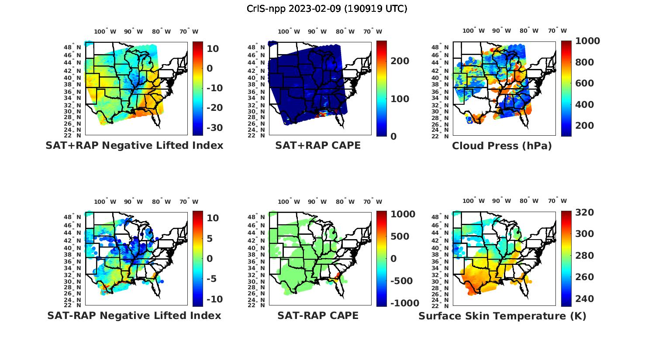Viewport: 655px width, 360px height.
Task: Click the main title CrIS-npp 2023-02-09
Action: [x=327, y=9]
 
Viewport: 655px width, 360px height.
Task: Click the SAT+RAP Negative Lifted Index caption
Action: [x=134, y=145]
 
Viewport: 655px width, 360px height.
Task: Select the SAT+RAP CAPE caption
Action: [x=318, y=145]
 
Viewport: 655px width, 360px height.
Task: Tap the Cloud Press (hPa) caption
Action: [x=502, y=146]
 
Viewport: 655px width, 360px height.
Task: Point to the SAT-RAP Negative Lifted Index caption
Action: [x=134, y=315]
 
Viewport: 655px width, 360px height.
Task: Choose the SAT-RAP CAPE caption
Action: [x=318, y=315]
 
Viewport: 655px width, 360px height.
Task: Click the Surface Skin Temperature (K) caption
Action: [x=502, y=316]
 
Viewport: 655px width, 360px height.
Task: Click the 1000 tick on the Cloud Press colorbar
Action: [x=587, y=41]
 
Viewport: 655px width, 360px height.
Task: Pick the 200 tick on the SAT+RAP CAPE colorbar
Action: [x=400, y=61]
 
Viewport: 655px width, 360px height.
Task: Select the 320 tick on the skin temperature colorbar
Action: [x=585, y=213]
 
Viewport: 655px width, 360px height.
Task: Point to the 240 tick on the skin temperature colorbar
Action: [x=585, y=299]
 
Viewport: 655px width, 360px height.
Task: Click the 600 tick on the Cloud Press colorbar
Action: [x=585, y=83]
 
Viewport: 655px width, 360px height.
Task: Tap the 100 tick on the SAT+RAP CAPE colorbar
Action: [x=400, y=99]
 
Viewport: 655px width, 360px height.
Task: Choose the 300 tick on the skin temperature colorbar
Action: [x=585, y=234]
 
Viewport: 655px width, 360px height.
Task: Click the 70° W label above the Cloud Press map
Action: [x=557, y=31]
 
